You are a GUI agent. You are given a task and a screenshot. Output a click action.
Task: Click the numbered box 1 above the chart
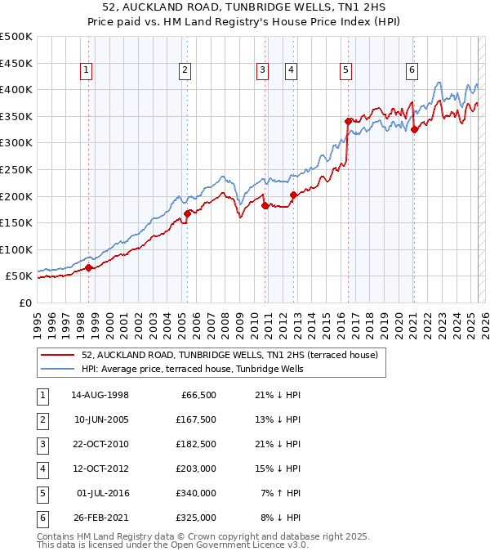[x=87, y=70]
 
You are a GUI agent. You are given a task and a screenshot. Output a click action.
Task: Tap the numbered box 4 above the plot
[x=291, y=70]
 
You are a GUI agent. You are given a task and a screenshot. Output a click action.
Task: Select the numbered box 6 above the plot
[x=412, y=70]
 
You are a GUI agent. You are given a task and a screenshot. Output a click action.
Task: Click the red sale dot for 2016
[x=348, y=121]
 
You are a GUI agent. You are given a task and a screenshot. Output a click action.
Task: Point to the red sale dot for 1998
[x=89, y=267]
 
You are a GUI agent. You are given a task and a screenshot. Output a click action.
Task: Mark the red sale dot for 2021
[x=414, y=129]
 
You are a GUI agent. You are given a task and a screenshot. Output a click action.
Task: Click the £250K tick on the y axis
[x=16, y=169]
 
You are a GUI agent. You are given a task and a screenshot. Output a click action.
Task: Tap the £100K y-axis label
[x=16, y=249]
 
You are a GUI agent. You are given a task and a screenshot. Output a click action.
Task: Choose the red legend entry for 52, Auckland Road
[x=229, y=356]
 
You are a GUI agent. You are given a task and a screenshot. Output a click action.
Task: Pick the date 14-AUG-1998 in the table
[x=100, y=395]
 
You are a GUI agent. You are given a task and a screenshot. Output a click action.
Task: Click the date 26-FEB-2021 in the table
[x=100, y=518]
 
